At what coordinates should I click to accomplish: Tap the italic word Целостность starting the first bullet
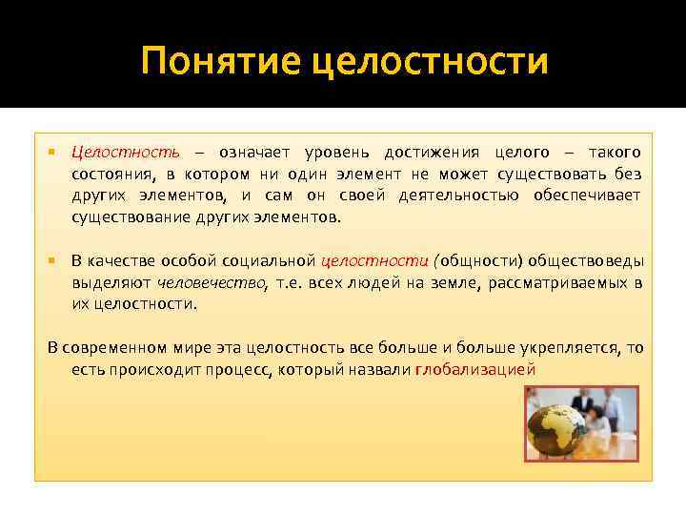(124, 153)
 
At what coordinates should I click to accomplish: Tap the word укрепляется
(568, 348)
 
